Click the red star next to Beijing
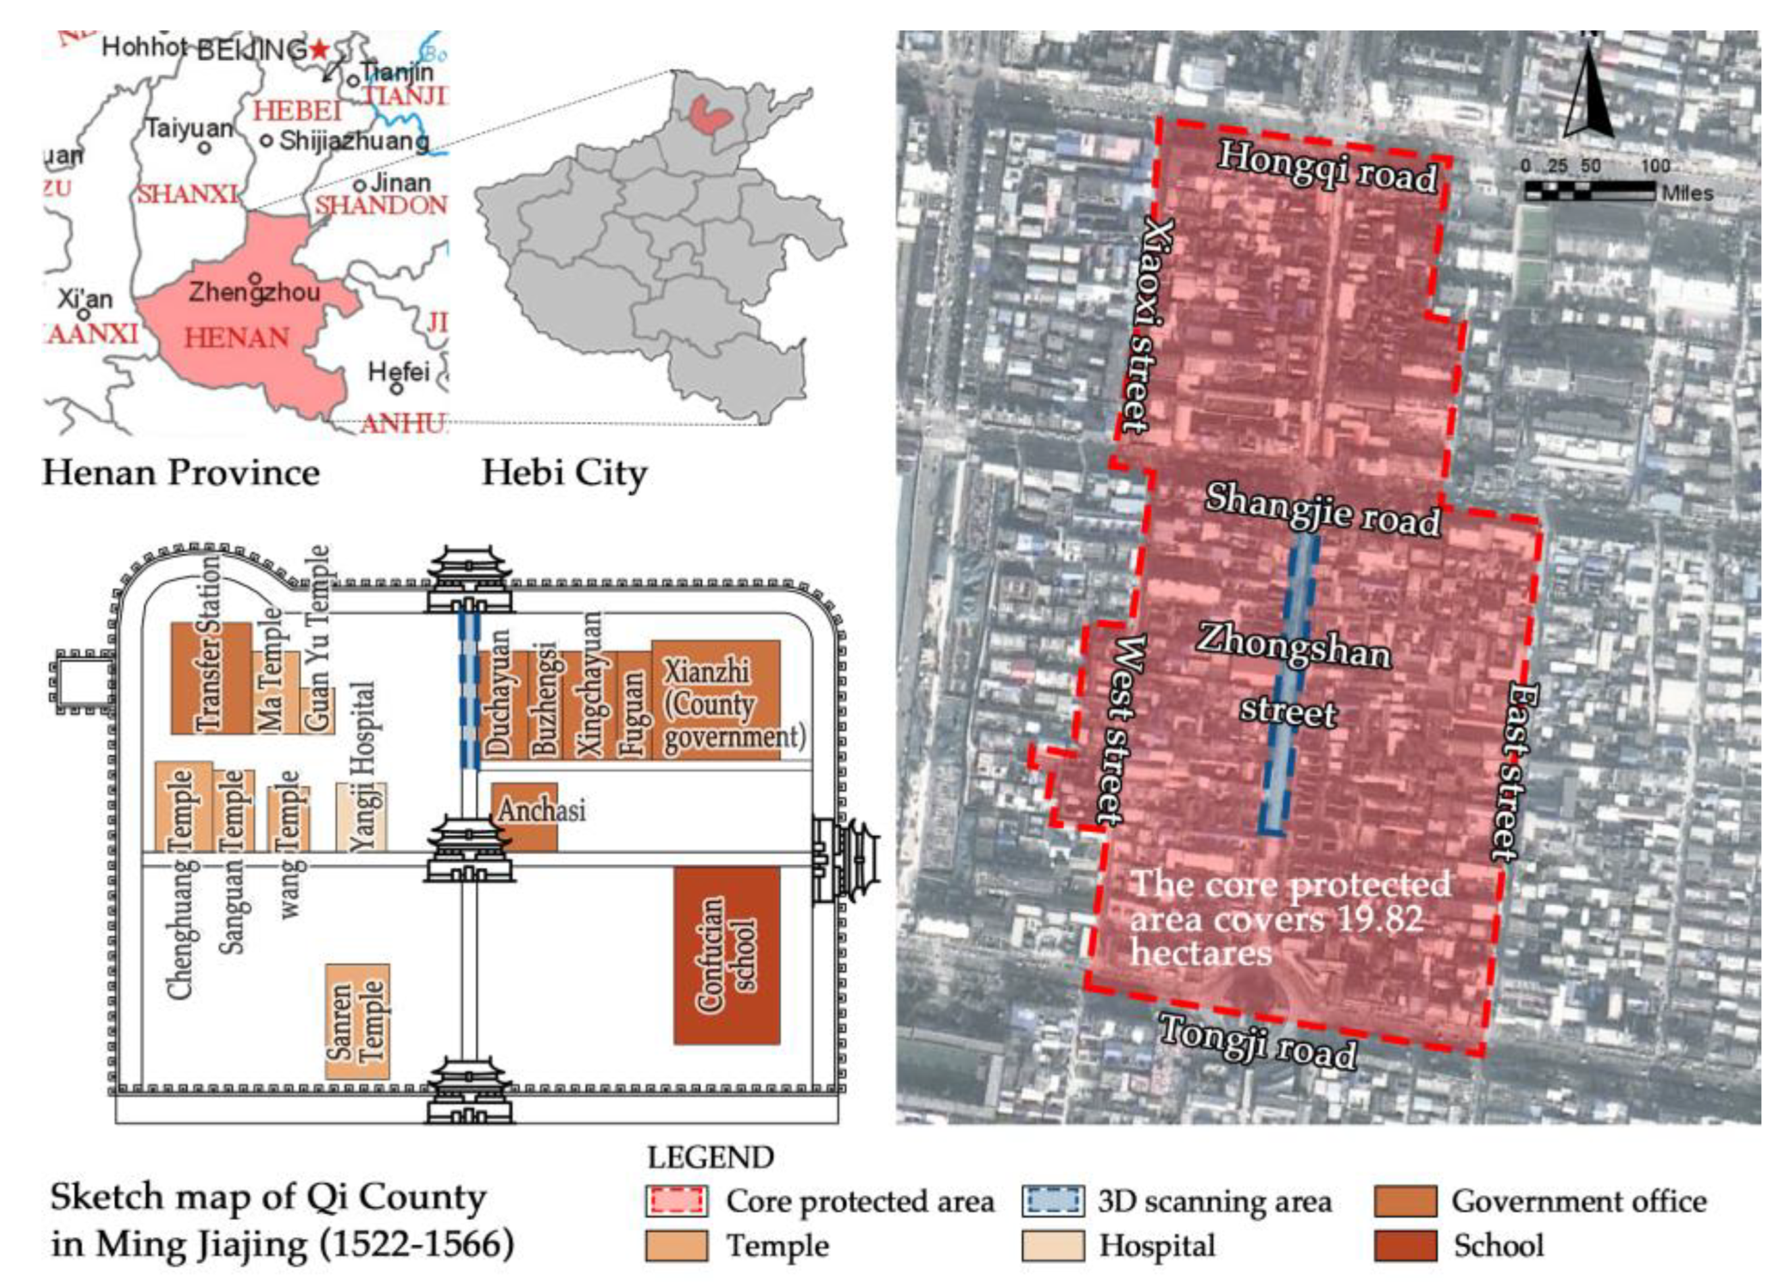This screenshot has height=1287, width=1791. tap(318, 50)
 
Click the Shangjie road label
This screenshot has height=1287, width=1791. tap(1323, 509)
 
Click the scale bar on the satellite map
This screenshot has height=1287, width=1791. tap(1589, 191)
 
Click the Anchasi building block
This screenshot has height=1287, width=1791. tap(524, 815)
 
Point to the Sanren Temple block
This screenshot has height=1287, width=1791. tap(357, 1021)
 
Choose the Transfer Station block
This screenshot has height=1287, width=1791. tap(211, 678)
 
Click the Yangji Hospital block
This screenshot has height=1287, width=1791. tap(361, 815)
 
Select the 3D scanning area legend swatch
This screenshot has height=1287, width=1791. tap(1053, 1201)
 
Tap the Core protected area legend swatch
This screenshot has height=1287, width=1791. tap(676, 1201)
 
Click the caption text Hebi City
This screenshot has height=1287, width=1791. tap(564, 473)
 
